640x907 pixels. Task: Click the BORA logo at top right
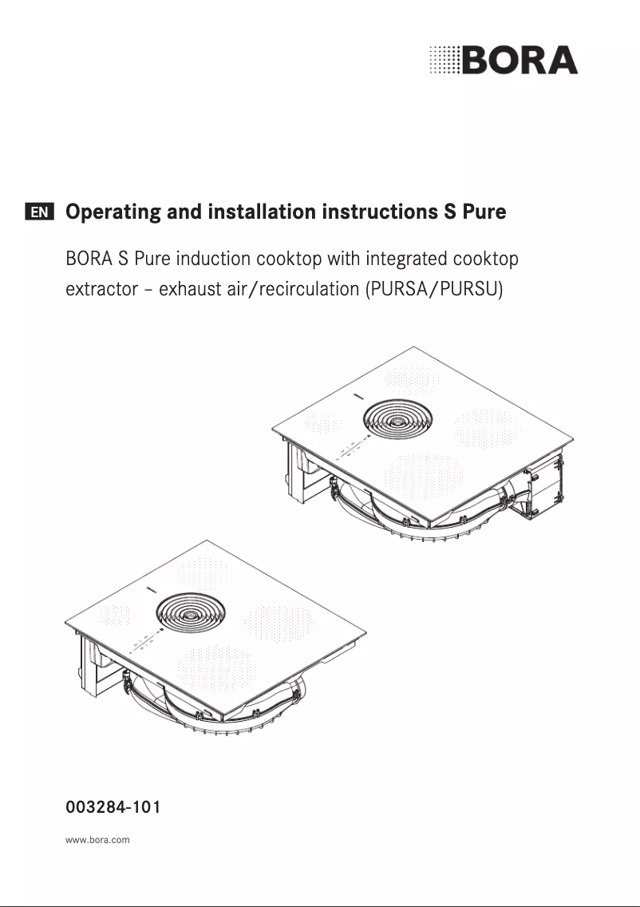click(504, 60)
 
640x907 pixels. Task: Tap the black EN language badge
click(39, 212)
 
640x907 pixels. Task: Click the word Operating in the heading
click(113, 212)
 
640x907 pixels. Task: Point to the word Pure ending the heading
click(484, 211)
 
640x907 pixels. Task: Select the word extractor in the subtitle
click(102, 289)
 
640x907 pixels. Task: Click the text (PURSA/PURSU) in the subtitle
click(433, 289)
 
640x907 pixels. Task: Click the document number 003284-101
click(113, 806)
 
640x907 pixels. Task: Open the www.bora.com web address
click(97, 840)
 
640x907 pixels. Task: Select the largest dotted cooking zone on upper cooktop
click(425, 477)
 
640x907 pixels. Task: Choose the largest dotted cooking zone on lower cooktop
click(217, 668)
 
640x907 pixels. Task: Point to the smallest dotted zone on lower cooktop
click(117, 616)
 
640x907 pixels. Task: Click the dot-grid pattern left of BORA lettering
click(444, 60)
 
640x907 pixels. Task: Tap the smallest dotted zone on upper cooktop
click(323, 422)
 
